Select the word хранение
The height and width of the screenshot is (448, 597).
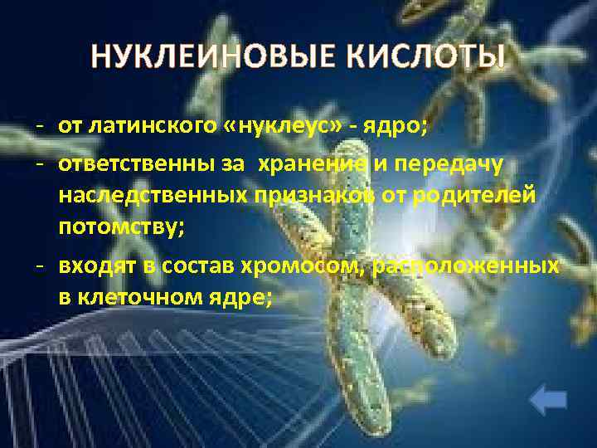point(313,165)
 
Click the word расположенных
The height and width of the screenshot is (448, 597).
point(466,266)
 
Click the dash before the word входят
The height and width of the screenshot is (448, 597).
point(39,266)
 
